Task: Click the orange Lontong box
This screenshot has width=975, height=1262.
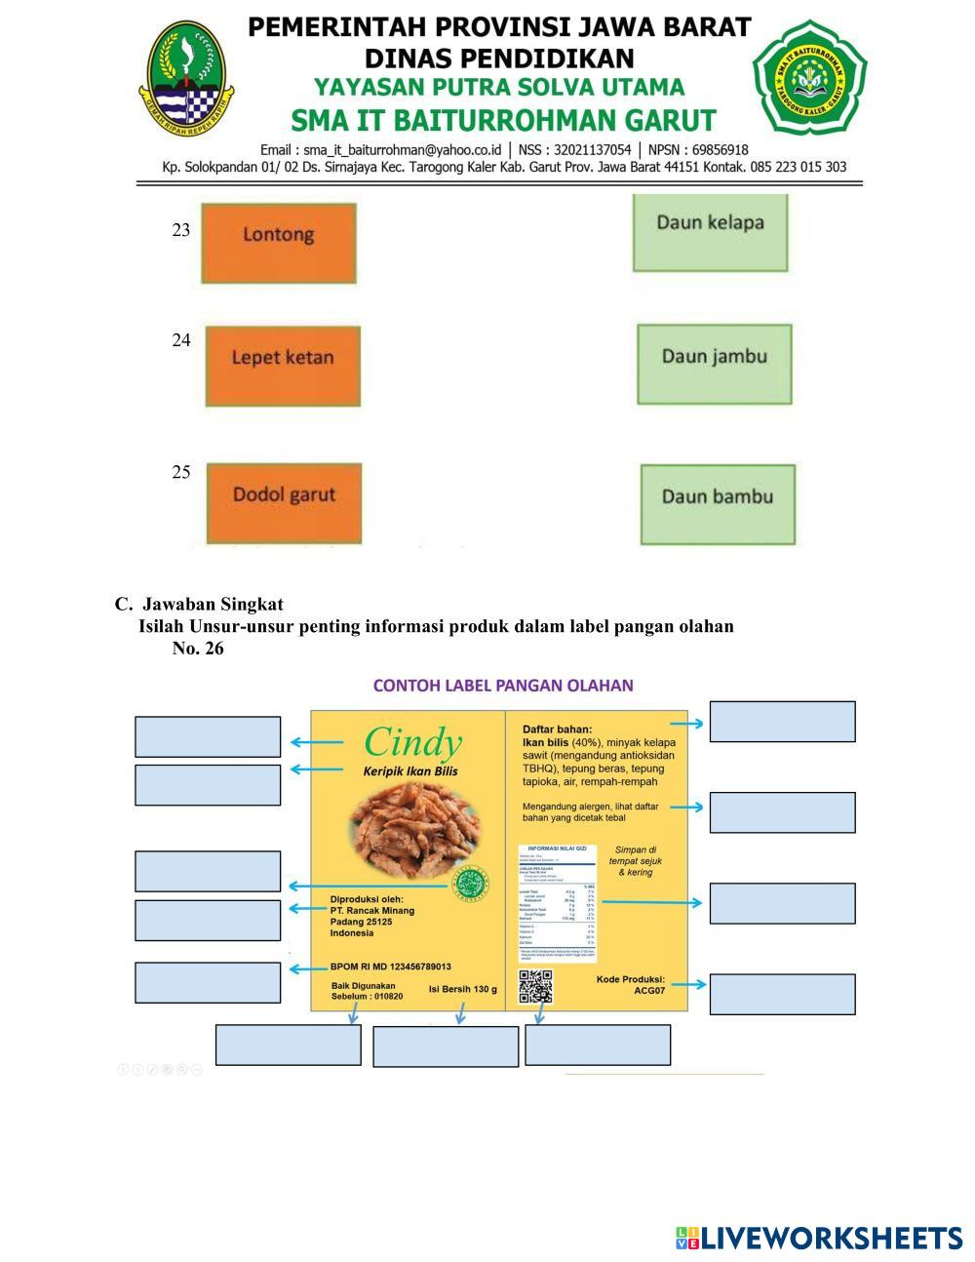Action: click(279, 243)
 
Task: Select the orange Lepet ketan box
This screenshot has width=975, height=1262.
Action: click(283, 366)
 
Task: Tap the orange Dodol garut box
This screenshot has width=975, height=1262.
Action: click(284, 502)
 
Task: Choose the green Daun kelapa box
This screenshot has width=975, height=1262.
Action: click(710, 232)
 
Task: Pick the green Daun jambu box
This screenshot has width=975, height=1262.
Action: click(715, 364)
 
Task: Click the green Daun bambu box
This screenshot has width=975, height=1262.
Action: click(718, 503)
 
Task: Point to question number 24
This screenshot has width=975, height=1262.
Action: click(181, 340)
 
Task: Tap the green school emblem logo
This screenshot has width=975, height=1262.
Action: click(808, 77)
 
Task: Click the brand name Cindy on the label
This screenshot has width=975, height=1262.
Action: click(411, 743)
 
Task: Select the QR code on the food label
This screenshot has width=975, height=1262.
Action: click(535, 986)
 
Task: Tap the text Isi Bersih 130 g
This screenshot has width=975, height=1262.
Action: click(462, 990)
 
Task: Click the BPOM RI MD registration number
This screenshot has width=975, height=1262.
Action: click(391, 966)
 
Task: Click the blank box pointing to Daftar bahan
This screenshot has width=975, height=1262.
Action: click(782, 722)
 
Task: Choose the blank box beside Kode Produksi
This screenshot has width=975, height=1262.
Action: click(782, 994)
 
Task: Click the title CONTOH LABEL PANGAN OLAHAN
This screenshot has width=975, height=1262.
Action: click(503, 686)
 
